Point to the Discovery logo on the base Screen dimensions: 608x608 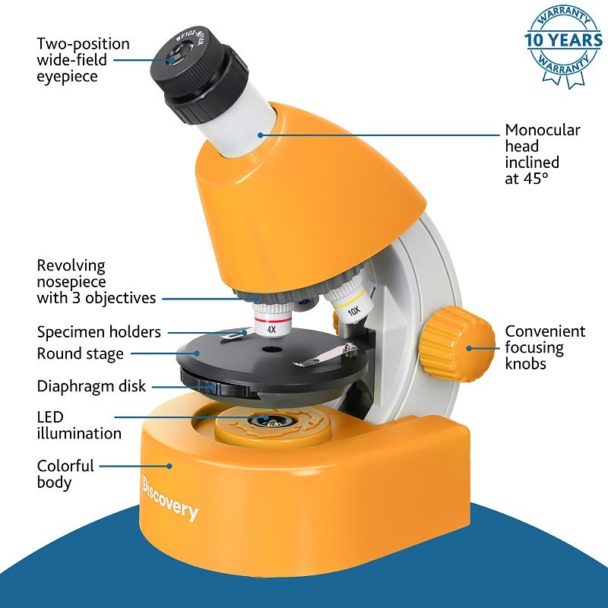[170, 499]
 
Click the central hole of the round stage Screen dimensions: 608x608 [268, 350]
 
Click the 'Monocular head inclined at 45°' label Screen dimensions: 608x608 [542, 154]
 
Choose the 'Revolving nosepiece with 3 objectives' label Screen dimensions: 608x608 [96, 282]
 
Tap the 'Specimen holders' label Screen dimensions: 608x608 [99, 332]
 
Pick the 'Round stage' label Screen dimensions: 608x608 [80, 353]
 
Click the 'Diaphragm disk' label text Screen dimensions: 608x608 [91, 386]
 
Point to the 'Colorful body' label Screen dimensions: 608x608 [65, 473]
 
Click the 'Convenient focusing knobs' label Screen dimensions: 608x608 [545, 347]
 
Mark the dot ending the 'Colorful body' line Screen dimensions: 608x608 [170, 466]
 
